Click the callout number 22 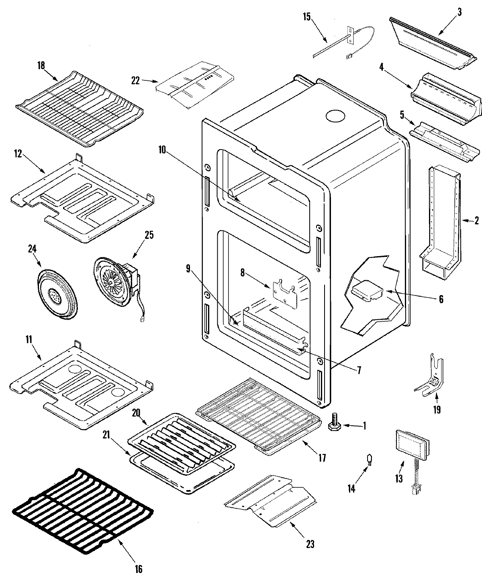pyautogui.click(x=135, y=81)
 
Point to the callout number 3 pyautogui.click(x=459, y=12)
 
